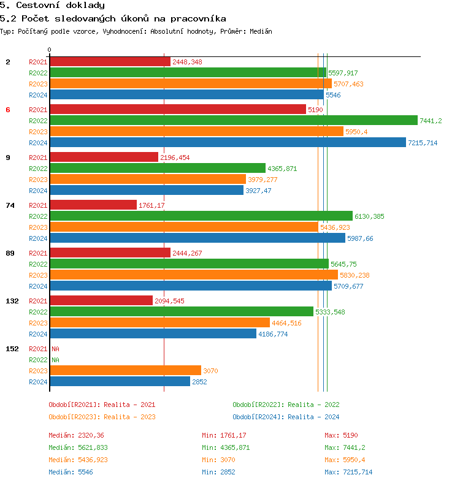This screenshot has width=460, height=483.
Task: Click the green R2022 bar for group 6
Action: [x=233, y=120]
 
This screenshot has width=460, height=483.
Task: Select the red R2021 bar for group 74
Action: [x=93, y=205]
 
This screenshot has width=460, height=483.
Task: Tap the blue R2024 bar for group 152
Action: [x=120, y=381]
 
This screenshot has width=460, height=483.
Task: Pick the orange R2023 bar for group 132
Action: [x=159, y=322]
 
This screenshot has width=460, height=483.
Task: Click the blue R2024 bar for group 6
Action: [x=228, y=142]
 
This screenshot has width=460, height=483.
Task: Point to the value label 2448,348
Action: [x=187, y=62]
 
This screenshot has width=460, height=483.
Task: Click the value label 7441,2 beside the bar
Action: [x=431, y=121]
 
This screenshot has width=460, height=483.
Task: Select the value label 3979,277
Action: [x=263, y=180]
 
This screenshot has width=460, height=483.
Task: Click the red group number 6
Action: [x=8, y=110]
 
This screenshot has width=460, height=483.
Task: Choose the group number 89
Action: [x=10, y=253]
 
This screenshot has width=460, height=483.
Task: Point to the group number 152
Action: [x=12, y=349]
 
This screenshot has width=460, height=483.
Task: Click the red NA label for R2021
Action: [x=55, y=349]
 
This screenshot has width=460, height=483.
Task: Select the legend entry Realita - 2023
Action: [x=102, y=417]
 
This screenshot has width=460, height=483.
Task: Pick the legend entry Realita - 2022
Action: [x=286, y=405]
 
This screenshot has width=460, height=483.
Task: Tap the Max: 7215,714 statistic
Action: [x=348, y=472]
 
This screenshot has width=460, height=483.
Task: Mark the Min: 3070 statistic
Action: [x=218, y=460]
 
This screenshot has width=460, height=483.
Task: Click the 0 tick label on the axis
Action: [x=50, y=50]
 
